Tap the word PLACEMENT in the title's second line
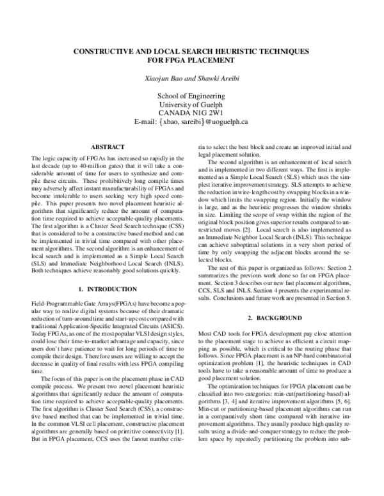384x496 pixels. (x=209, y=60)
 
